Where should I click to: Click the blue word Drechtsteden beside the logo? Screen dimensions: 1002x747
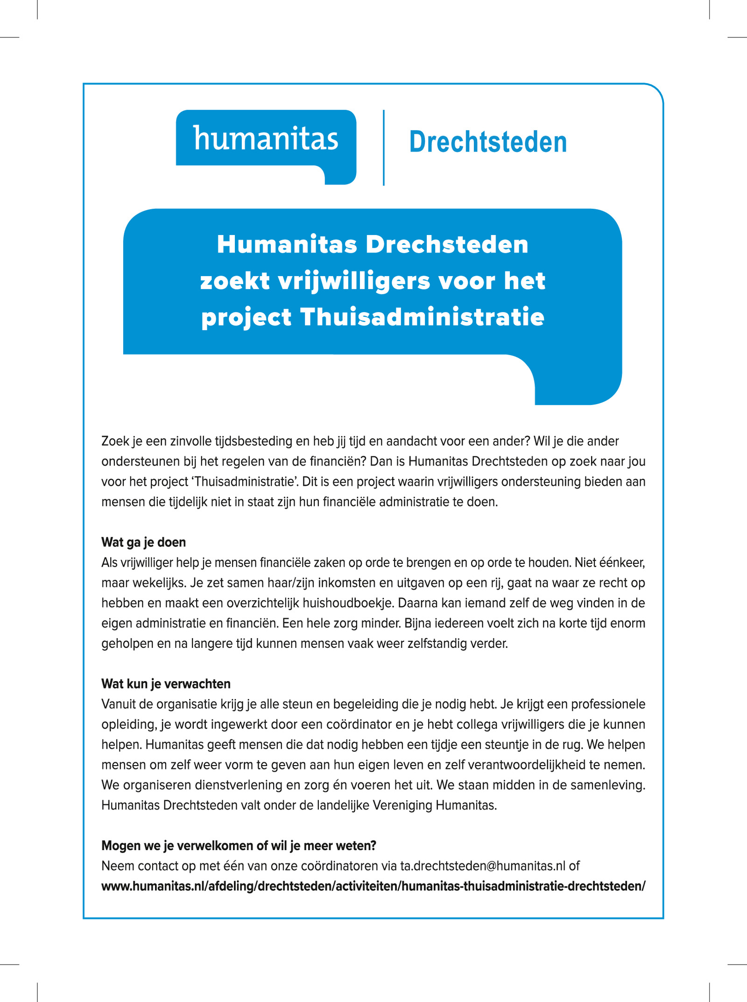click(x=488, y=142)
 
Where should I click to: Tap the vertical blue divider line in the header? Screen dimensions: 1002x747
click(x=384, y=148)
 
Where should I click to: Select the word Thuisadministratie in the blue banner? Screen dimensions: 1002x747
click(x=422, y=317)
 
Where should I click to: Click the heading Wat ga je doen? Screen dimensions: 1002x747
click(x=143, y=542)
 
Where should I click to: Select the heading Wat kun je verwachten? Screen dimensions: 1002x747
click(x=166, y=684)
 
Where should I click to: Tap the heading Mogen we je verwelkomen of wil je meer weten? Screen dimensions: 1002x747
click(x=239, y=846)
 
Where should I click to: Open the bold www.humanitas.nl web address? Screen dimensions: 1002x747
click(x=373, y=886)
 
